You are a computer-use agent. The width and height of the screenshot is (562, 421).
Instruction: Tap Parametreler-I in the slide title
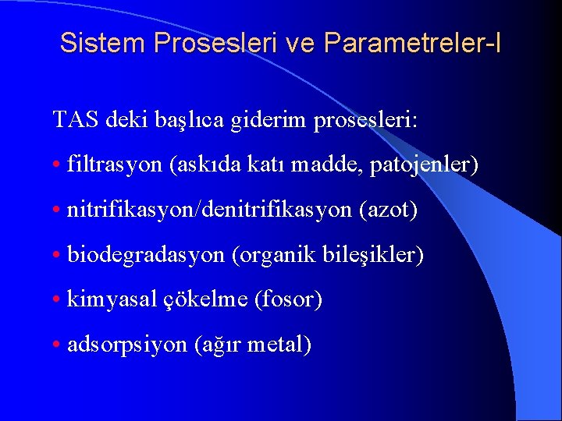[414, 44]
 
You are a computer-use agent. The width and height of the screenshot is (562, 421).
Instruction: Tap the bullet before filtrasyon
[58, 165]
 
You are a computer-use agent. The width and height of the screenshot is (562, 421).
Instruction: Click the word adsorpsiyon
[127, 344]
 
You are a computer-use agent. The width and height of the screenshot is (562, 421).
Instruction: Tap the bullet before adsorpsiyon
[58, 345]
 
